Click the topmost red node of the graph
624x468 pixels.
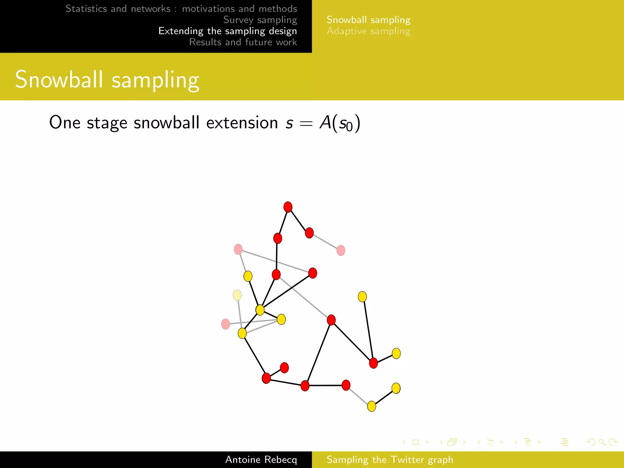click(288, 207)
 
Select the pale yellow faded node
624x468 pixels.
click(237, 295)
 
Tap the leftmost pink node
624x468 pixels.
click(225, 324)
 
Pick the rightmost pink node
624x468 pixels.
click(341, 250)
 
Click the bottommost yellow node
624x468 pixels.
click(371, 406)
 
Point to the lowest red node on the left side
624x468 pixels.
click(266, 378)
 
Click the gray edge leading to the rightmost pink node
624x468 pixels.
click(325, 242)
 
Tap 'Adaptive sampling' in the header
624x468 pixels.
click(368, 31)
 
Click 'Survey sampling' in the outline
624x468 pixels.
click(260, 20)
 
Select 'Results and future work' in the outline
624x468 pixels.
click(243, 42)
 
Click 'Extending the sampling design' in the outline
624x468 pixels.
click(228, 31)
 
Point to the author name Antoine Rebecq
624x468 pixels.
click(261, 459)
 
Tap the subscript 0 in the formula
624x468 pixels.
click(349, 126)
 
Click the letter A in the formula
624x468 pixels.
click(325, 123)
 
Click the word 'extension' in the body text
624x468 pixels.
click(242, 123)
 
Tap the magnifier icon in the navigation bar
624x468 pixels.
click(601, 442)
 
